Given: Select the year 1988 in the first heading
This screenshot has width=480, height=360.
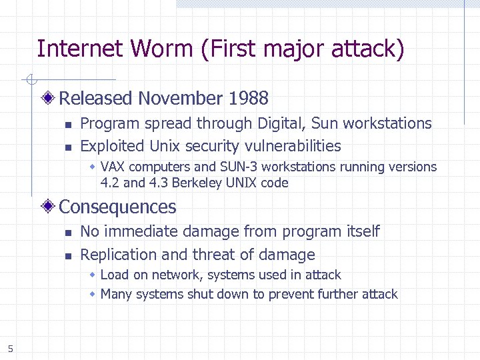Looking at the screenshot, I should [x=248, y=99].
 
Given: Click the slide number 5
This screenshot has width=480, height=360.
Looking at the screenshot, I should [x=11, y=347].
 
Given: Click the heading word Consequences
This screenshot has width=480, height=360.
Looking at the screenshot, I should [x=118, y=207].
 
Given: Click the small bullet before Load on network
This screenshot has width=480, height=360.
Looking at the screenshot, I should [x=94, y=275].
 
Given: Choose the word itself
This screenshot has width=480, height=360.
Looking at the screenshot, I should [x=363, y=231].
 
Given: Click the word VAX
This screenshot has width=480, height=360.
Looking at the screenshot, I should [x=113, y=167].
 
